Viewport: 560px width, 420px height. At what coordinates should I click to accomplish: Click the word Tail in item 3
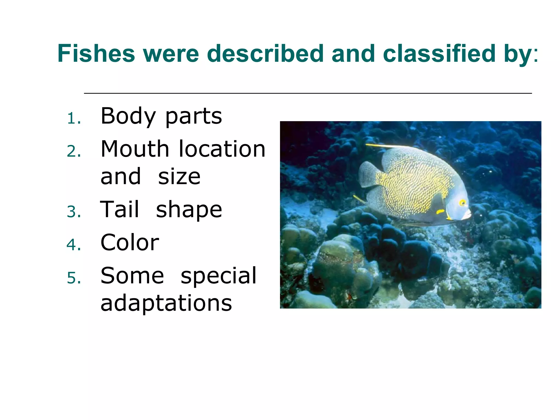coord(120,209)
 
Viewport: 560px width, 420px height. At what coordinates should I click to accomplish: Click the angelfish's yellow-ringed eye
coord(462,203)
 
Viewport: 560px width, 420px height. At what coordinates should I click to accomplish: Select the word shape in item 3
coord(189,210)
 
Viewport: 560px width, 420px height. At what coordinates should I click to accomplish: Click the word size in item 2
coord(179,177)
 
